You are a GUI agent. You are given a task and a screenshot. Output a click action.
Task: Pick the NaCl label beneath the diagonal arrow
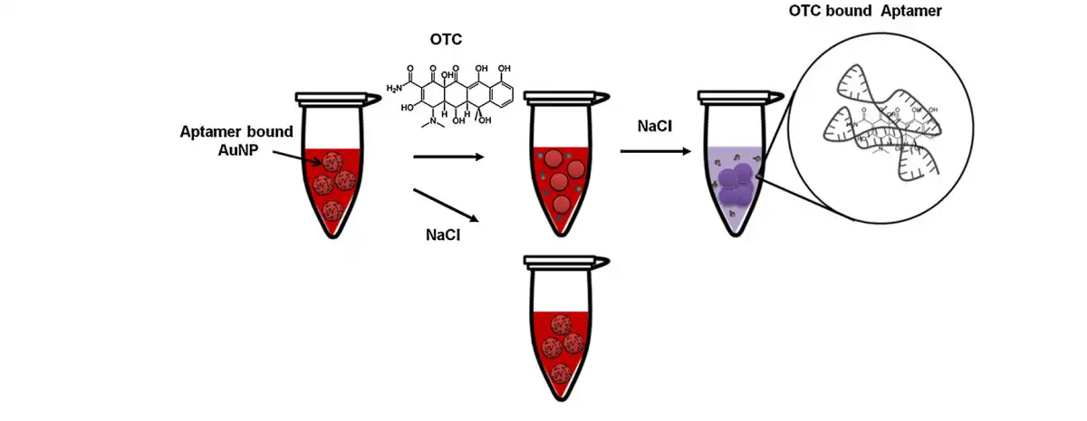tap(446, 234)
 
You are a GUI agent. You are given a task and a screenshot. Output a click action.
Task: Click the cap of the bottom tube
tap(564, 263)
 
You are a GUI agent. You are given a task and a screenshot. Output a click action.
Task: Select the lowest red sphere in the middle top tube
tap(561, 203)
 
